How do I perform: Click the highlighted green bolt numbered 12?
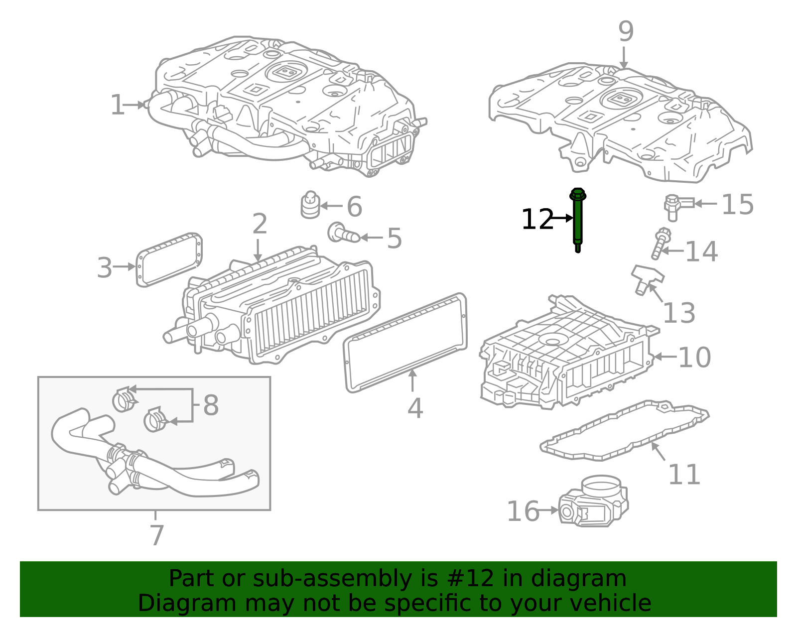(577, 220)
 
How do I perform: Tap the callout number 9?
(626, 31)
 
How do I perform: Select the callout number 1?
(118, 105)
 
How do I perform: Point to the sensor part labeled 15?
(678, 207)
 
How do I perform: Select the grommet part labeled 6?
(310, 205)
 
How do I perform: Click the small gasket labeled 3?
(169, 259)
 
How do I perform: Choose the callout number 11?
(684, 474)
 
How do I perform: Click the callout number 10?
(695, 357)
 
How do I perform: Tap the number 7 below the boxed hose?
(157, 535)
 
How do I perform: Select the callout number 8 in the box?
(211, 405)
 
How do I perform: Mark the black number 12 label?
(537, 219)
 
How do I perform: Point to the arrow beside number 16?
(548, 510)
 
